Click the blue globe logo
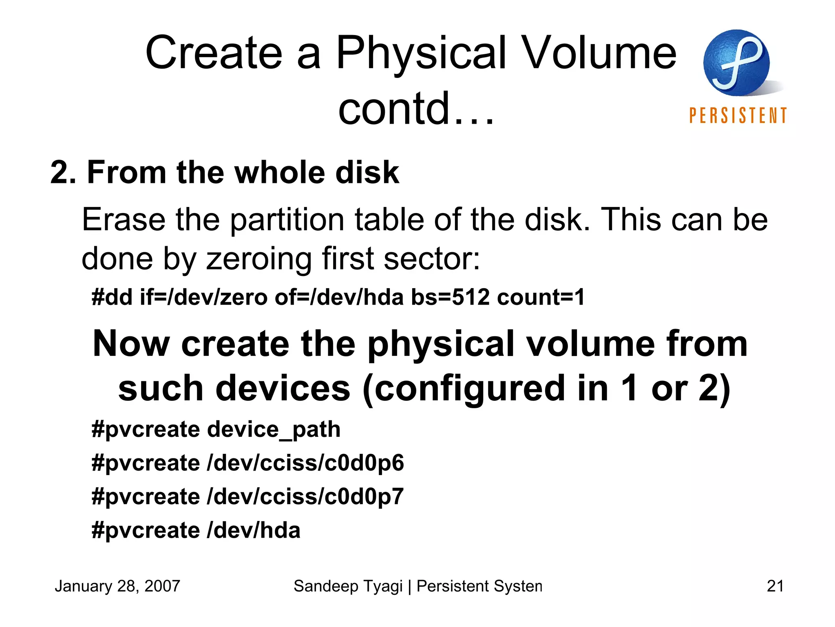(736, 62)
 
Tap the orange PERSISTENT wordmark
(738, 116)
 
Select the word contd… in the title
(416, 108)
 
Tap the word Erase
(124, 220)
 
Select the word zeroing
(259, 259)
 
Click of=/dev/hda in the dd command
(339, 297)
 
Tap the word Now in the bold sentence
(131, 344)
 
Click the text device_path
(274, 429)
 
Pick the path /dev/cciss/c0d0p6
(305, 463)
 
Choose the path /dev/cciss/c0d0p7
(305, 497)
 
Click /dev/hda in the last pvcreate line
(254, 530)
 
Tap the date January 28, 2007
(117, 586)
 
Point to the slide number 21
(775, 586)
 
